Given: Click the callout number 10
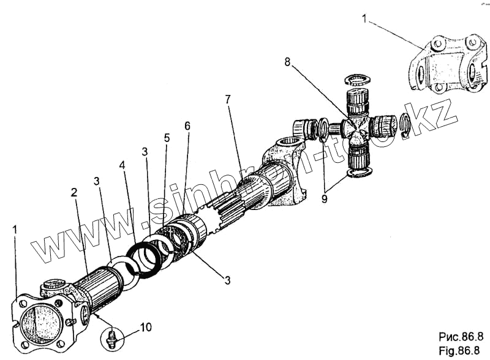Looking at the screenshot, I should tap(145, 328).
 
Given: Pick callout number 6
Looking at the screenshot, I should tap(187, 126).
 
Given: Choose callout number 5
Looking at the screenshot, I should tap(166, 138).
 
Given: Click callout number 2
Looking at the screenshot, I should tap(73, 192).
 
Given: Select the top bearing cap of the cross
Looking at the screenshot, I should tap(356, 98).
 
